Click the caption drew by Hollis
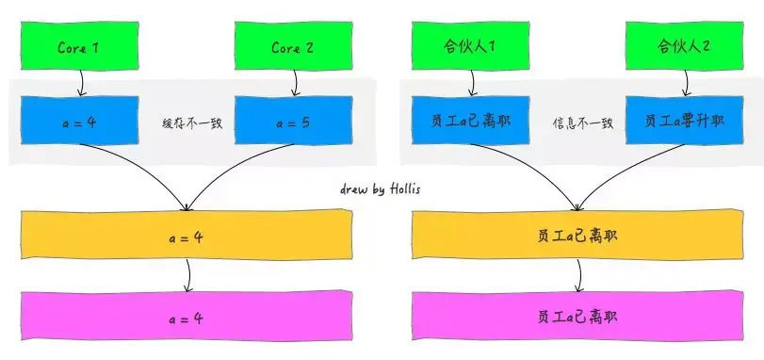381,188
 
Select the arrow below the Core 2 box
294,83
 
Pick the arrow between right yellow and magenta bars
578,277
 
